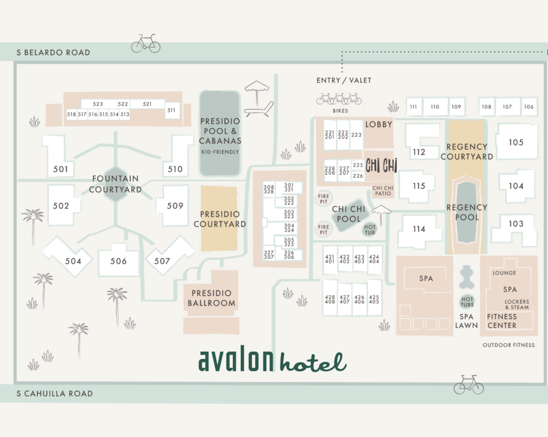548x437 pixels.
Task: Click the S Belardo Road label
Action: point(53,52)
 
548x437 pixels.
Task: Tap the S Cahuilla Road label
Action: point(55,393)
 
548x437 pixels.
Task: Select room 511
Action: point(171,110)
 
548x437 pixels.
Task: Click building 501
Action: point(60,168)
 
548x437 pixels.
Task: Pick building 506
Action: point(119,261)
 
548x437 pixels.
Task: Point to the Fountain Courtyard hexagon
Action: point(115,184)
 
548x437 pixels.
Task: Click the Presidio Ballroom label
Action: point(211,298)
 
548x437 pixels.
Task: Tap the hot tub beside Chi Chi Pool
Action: point(370,230)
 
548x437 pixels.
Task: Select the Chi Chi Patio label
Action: point(383,191)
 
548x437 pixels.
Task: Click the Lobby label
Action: point(378,125)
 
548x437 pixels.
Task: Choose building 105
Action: point(516,142)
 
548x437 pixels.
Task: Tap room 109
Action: point(456,107)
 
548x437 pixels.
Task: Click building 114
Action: point(419,229)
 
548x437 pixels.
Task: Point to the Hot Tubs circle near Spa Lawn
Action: point(467,302)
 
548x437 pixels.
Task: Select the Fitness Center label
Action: point(502,321)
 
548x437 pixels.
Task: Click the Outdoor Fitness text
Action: point(509,345)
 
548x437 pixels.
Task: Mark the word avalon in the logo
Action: point(236,359)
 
